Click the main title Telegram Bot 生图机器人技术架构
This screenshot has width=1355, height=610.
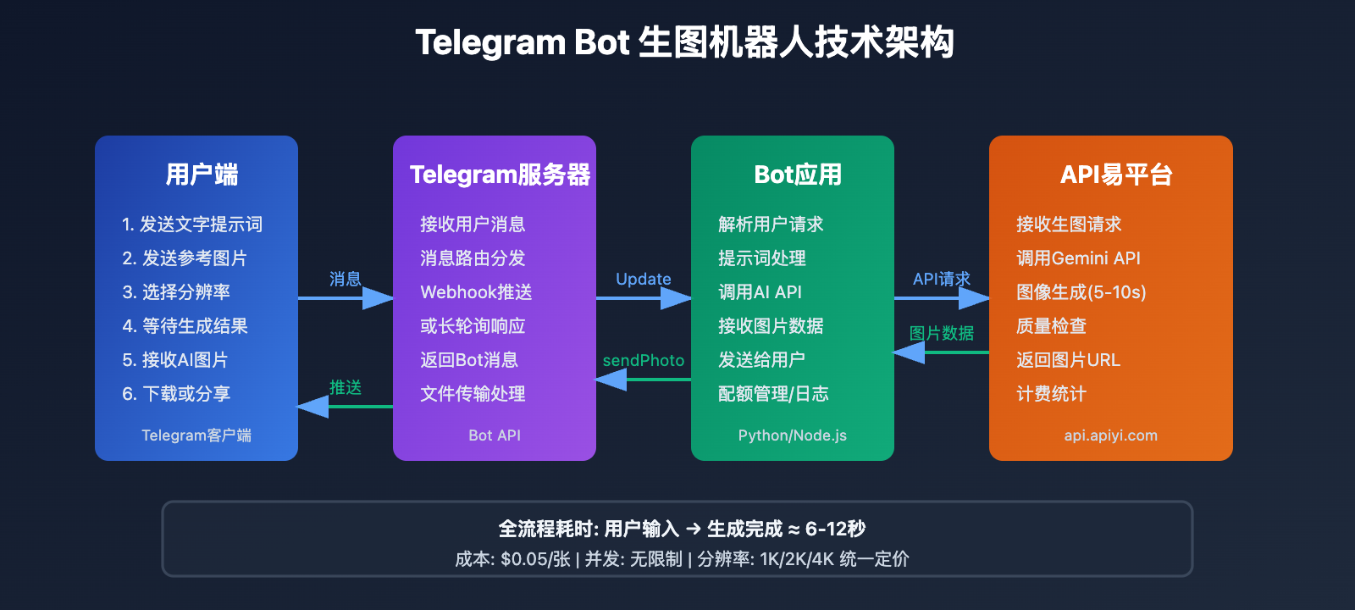(x=684, y=42)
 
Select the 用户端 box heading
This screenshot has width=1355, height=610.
(x=202, y=175)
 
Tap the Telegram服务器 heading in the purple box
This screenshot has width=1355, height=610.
(x=500, y=175)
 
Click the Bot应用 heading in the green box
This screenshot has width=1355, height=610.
(x=798, y=175)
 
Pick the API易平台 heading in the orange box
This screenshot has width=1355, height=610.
(x=1115, y=175)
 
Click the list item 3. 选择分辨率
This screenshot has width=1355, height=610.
(x=176, y=292)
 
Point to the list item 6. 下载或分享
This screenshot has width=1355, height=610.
(x=176, y=394)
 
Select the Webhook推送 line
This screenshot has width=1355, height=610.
(x=476, y=292)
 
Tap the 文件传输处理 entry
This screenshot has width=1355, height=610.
(x=473, y=394)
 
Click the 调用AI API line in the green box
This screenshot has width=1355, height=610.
(x=760, y=292)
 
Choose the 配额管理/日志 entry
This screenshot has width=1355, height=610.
(x=773, y=394)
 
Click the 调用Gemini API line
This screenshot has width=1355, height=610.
(x=1078, y=258)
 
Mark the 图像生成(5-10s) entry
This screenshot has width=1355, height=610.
(x=1081, y=292)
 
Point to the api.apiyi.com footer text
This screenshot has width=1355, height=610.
(x=1110, y=435)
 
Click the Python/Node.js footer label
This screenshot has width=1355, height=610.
(x=792, y=435)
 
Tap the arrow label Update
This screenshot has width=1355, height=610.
(x=643, y=279)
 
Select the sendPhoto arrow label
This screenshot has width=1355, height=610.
(x=643, y=360)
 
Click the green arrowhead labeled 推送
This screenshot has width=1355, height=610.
(x=313, y=407)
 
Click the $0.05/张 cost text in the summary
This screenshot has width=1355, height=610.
(x=535, y=559)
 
